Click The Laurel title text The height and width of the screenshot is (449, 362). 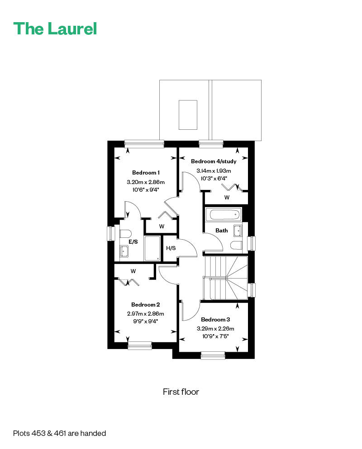point(55,28)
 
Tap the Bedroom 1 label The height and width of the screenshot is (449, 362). point(146,172)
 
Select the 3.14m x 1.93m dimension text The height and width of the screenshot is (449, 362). point(214,171)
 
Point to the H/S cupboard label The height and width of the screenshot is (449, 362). point(171,248)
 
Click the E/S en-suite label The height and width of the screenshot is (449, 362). point(133,242)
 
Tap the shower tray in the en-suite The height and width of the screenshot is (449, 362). point(152,248)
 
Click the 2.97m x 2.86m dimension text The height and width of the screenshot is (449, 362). point(145,313)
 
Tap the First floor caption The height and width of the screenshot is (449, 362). point(181,392)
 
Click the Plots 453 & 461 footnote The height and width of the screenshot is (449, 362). point(59,433)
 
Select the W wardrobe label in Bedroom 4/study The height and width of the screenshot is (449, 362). point(227,198)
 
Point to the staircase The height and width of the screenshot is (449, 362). point(226,278)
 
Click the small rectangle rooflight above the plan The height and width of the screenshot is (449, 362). point(188,114)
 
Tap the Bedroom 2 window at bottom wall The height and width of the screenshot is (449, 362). point(139,346)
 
